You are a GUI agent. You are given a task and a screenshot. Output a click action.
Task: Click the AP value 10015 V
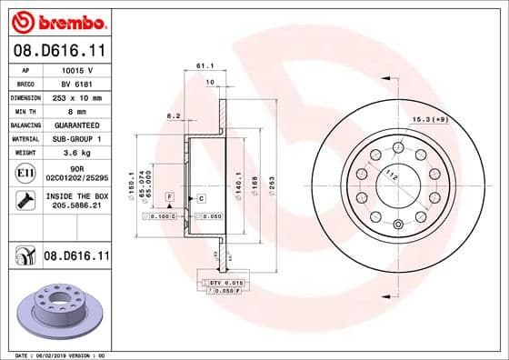pos(76,69)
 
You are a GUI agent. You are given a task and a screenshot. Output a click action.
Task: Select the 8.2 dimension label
pos(172,115)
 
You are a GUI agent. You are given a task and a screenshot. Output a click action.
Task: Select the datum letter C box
pos(200,197)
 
